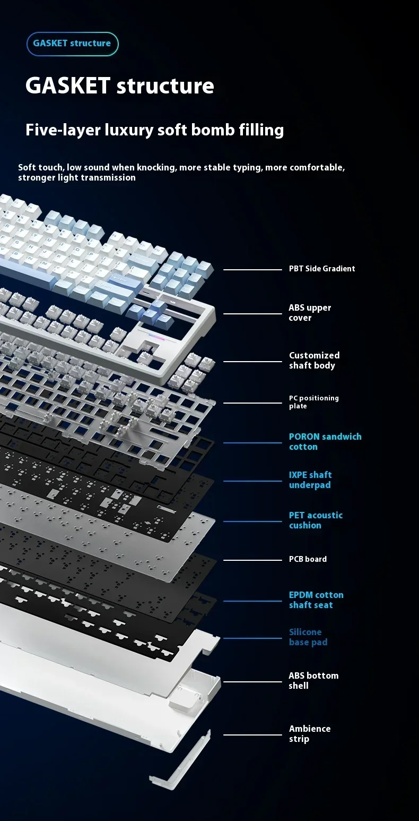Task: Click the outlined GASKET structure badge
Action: coord(73,44)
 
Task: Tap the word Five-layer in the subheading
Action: coord(63,130)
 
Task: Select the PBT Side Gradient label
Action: coord(321,269)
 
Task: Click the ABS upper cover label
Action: coord(310,313)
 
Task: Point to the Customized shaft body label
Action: coord(314,360)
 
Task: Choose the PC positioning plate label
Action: coord(313,401)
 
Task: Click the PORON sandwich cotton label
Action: coord(325,442)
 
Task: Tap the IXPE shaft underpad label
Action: coord(310,480)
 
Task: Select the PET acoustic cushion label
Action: coord(316,520)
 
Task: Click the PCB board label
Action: coord(308,559)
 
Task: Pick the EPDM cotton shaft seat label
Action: coord(316,600)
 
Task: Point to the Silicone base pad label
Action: coord(308,637)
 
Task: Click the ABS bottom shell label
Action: coord(313,681)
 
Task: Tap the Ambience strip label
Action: coord(310,734)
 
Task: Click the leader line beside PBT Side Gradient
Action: coord(252,269)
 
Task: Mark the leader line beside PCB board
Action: coord(252,560)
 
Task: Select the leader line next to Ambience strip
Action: coord(252,735)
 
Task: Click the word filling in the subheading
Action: coord(261,130)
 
